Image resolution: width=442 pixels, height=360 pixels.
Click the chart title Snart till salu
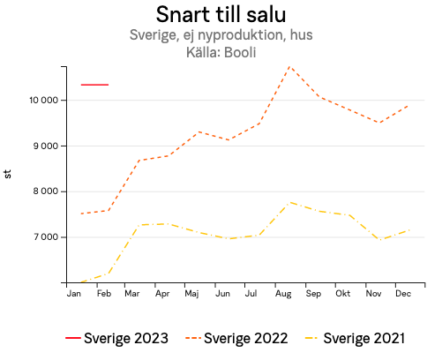click(221, 15)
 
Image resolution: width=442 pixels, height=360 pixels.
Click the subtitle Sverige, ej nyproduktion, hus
click(221, 36)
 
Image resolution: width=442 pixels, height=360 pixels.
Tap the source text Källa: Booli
click(221, 52)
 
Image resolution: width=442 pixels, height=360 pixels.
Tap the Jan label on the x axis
click(74, 293)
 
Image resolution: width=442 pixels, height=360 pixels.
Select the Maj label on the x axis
click(191, 293)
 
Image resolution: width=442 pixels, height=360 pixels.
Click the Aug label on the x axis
click(282, 293)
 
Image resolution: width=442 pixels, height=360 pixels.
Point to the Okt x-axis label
click(342, 293)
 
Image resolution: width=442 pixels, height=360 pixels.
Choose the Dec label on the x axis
click(402, 293)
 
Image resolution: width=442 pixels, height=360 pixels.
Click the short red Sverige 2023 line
click(94, 85)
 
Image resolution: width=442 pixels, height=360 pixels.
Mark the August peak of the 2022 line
click(289, 66)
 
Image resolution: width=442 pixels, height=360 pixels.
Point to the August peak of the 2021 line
click(290, 202)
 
